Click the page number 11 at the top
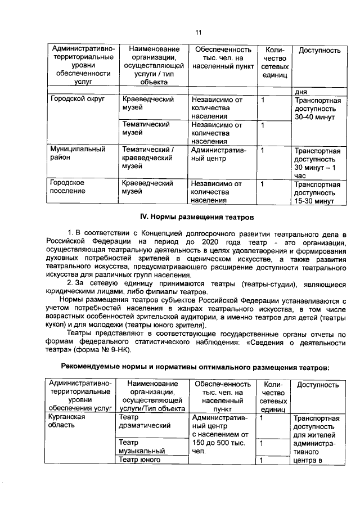[x=198, y=32]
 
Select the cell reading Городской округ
[x=70, y=100]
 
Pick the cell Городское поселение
[x=67, y=187]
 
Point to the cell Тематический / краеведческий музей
[x=147, y=158]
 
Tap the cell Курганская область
[x=67, y=421]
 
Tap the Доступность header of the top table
[x=319, y=51]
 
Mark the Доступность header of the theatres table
[x=317, y=385]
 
